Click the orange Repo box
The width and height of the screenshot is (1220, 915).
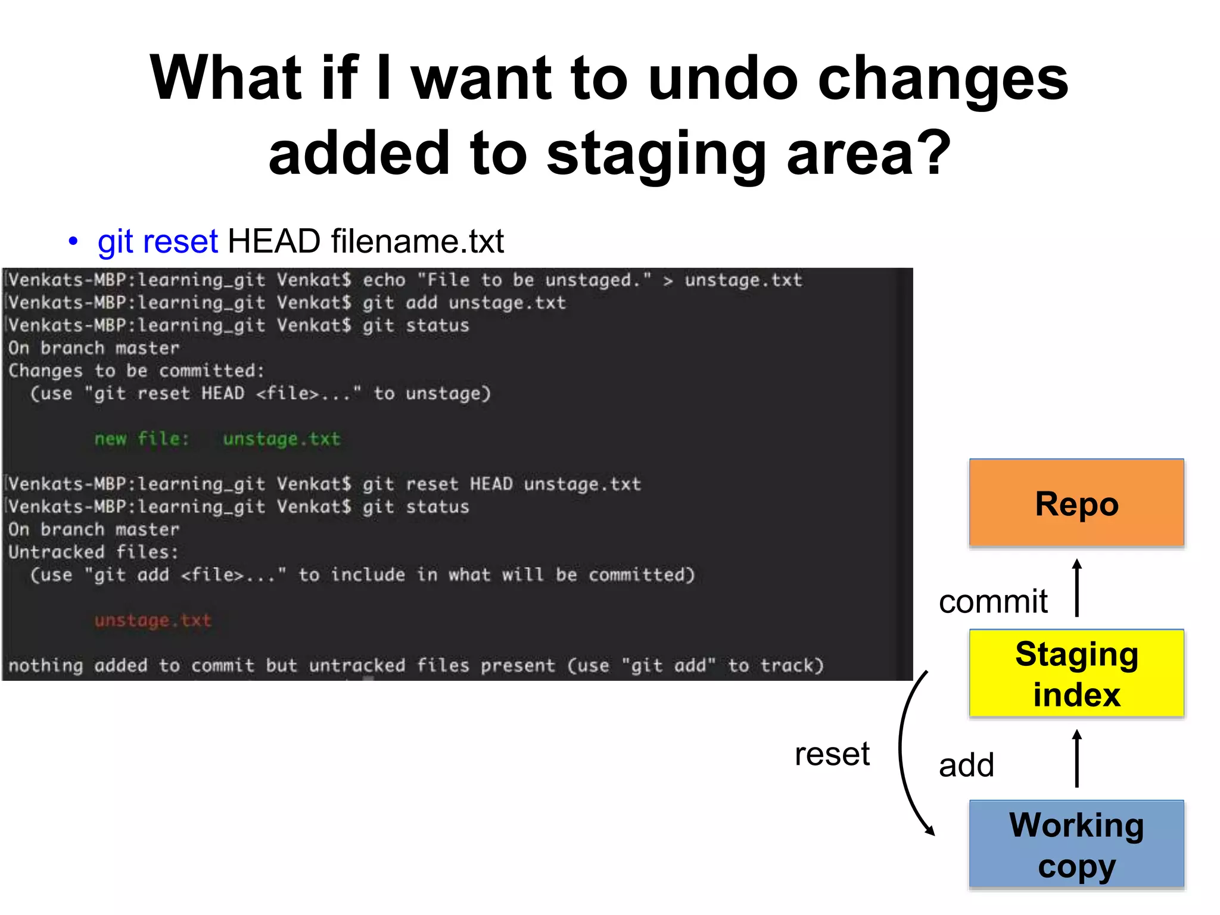pyautogui.click(x=1076, y=503)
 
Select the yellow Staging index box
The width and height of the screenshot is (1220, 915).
pyautogui.click(x=1076, y=673)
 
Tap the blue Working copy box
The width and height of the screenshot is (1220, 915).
pyautogui.click(x=1076, y=844)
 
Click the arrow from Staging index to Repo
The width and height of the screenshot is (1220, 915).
pyautogui.click(x=1076, y=587)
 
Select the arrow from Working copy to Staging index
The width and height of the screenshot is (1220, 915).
pyautogui.click(x=1076, y=758)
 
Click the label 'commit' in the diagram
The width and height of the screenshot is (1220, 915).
pyautogui.click(x=993, y=601)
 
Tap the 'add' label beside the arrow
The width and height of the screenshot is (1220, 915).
pyautogui.click(x=966, y=765)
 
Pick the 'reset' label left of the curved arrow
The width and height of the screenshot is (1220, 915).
pyautogui.click(x=832, y=754)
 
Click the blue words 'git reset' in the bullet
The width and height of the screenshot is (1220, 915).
pyautogui.click(x=158, y=241)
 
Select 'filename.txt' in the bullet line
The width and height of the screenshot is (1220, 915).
pyautogui.click(x=418, y=241)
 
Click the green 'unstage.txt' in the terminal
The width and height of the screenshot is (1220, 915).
pyautogui.click(x=281, y=439)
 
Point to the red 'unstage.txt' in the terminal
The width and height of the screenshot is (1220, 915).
pyautogui.click(x=153, y=620)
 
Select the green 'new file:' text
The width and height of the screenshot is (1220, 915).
pyautogui.click(x=142, y=439)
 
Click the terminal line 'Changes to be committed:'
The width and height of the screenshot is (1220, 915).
pyautogui.click(x=136, y=371)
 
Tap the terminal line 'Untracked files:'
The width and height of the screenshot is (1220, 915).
pyautogui.click(x=93, y=552)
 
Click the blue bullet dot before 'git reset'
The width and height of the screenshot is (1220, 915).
pyautogui.click(x=73, y=242)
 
